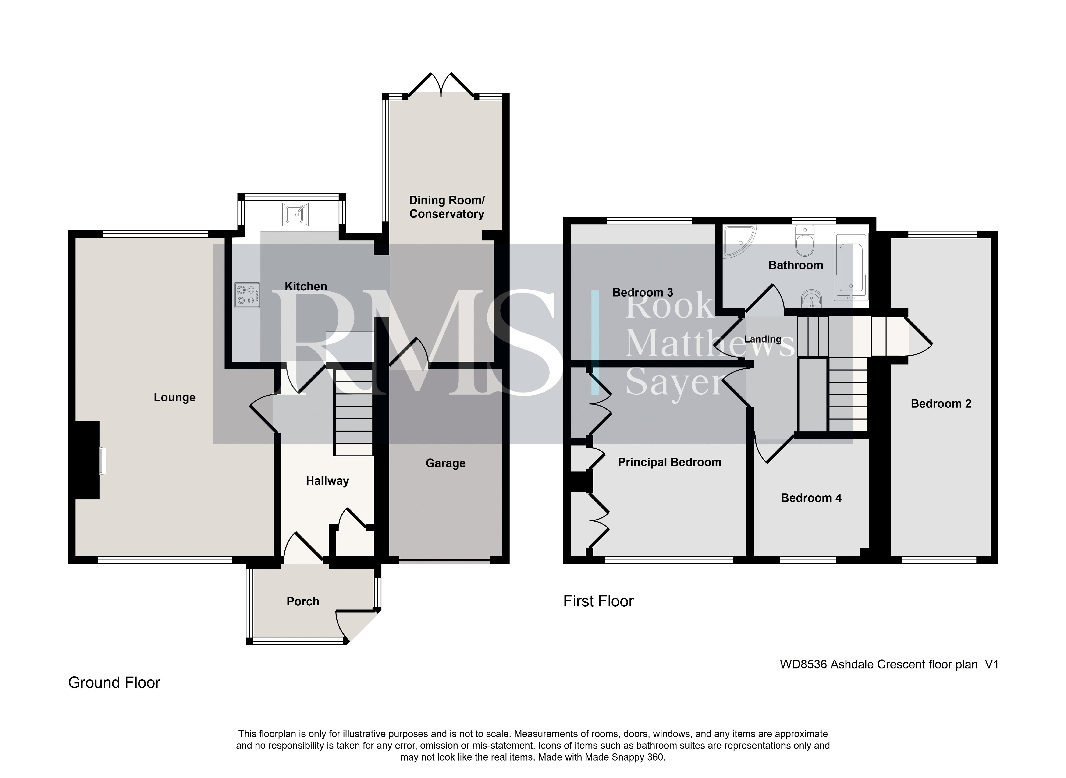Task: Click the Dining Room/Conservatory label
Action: tap(447, 207)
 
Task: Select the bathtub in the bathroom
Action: tap(851, 266)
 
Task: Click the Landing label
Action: tap(763, 340)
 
